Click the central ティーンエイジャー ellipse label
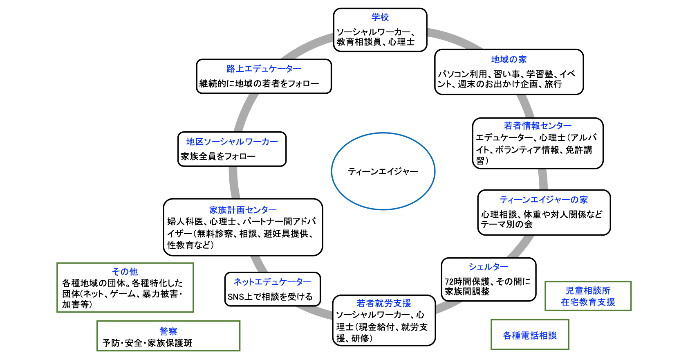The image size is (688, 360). click(x=383, y=171)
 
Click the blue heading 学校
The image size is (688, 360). click(x=380, y=17)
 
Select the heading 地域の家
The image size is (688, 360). click(x=509, y=60)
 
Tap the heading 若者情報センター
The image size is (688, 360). click(x=538, y=126)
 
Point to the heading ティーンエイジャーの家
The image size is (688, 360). click(x=543, y=200)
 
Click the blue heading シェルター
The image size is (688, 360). click(x=488, y=267)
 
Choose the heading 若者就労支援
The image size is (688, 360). click(x=383, y=303)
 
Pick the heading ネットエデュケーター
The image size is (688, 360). click(x=272, y=282)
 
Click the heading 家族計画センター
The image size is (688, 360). click(x=243, y=210)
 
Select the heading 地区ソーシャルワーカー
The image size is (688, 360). click(x=232, y=142)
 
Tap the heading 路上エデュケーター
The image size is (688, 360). click(x=264, y=69)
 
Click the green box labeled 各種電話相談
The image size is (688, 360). click(x=529, y=335)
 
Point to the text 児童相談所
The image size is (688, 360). click(x=588, y=290)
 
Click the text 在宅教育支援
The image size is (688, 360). click(x=588, y=302)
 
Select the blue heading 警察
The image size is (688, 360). click(x=168, y=331)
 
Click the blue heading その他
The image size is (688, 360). click(x=125, y=272)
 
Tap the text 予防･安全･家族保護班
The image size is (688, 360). click(x=147, y=343)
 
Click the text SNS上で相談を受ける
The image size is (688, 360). click(x=270, y=297)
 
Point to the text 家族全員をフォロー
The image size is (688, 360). click(x=218, y=156)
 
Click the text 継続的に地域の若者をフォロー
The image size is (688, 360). click(x=259, y=83)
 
